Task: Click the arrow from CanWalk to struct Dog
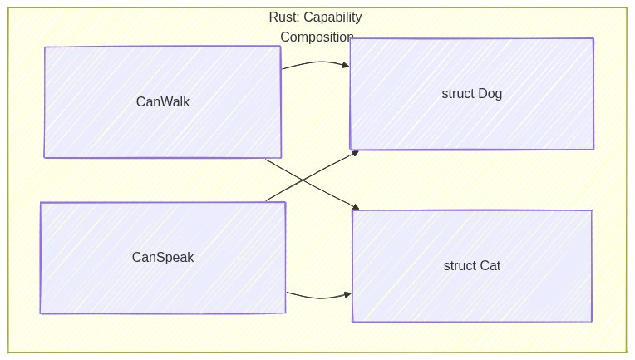click(314, 62)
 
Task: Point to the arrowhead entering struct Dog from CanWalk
click(345, 64)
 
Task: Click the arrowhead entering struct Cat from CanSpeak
click(347, 293)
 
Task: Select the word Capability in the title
click(332, 17)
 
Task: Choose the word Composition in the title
click(317, 37)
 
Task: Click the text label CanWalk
click(163, 102)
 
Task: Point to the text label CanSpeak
click(163, 258)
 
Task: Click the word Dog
click(490, 94)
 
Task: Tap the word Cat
click(490, 266)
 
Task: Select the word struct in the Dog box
click(458, 94)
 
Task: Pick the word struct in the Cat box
click(460, 266)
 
